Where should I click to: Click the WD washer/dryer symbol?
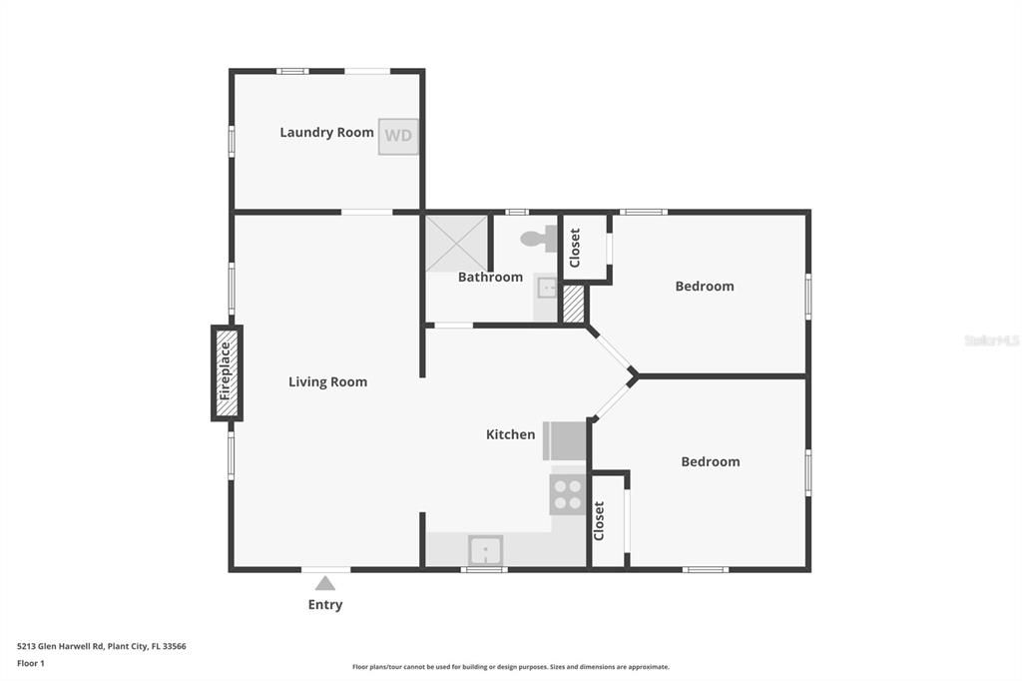[398, 136]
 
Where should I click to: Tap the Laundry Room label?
[326, 132]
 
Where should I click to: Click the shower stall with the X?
[457, 243]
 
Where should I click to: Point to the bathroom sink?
[546, 289]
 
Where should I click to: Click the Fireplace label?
[226, 371]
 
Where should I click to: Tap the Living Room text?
[327, 381]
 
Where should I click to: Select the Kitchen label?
[510, 434]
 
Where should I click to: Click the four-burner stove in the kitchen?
[567, 494]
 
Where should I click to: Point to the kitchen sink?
[486, 549]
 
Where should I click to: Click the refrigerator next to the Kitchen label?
[565, 440]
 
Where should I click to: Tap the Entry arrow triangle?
[325, 583]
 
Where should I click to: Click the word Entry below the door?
[325, 604]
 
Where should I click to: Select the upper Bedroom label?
[704, 286]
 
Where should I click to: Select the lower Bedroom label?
[710, 461]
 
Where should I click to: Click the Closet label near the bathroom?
[575, 248]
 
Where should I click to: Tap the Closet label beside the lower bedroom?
[600, 520]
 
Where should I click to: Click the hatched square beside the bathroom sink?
[573, 304]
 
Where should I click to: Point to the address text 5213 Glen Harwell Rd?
[101, 646]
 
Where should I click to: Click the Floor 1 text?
[31, 663]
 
